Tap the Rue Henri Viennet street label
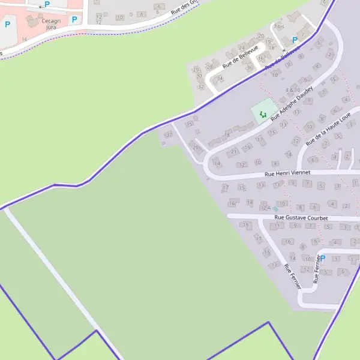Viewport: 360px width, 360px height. click(x=287, y=173)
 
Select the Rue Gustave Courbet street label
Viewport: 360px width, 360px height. click(x=301, y=218)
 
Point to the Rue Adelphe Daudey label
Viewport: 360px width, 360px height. click(x=292, y=103)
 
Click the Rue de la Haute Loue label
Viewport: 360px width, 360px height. click(x=327, y=128)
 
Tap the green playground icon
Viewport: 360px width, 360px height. click(x=263, y=113)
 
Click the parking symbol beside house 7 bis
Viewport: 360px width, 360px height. click(x=295, y=40)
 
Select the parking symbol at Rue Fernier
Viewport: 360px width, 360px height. click(x=322, y=259)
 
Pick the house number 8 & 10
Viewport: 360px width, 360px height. click(x=293, y=90)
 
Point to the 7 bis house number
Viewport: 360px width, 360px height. click(x=278, y=26)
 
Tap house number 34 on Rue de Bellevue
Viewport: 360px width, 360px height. click(x=220, y=78)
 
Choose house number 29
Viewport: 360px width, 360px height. click(x=196, y=70)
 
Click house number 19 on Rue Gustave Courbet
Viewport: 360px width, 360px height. click(x=245, y=225)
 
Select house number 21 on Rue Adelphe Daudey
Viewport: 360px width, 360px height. click(x=235, y=152)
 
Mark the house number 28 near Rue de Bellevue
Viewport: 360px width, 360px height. click(x=209, y=67)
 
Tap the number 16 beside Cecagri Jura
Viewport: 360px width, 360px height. click(x=25, y=39)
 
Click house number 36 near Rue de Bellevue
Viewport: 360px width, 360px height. click(x=250, y=67)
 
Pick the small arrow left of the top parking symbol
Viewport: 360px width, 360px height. click(x=40, y=5)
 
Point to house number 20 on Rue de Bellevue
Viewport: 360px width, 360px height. click(x=260, y=36)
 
